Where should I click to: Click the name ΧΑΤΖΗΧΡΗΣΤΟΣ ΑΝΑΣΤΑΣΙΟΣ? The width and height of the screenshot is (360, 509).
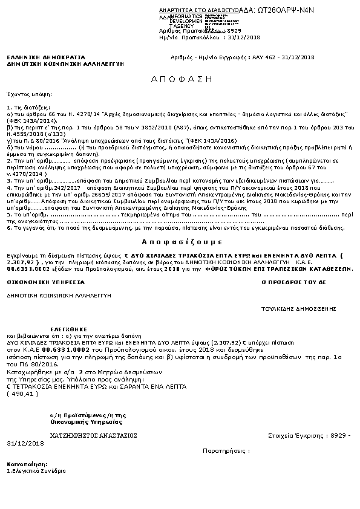tap(93, 435)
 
